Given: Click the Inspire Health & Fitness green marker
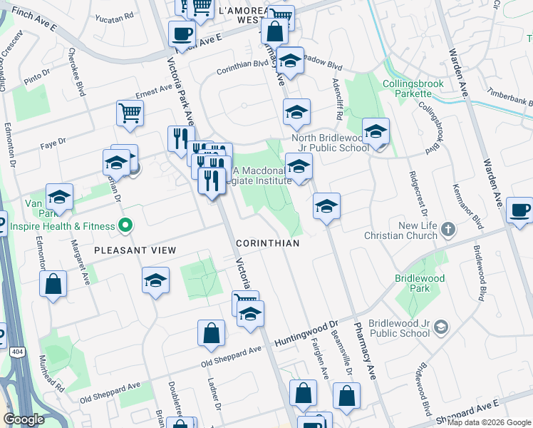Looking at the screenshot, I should click(x=125, y=226).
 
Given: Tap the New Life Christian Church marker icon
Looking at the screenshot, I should click(x=447, y=229).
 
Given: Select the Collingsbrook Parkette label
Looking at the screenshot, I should click(x=413, y=89).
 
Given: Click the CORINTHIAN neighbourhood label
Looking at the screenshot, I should click(x=267, y=243).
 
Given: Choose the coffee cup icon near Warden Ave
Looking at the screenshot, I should click(x=519, y=210).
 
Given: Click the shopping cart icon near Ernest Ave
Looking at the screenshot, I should click(x=130, y=113).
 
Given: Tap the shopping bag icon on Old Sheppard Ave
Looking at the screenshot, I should click(x=212, y=333).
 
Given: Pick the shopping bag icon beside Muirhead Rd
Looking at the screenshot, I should click(x=53, y=285).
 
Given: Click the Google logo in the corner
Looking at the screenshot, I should click(x=24, y=419).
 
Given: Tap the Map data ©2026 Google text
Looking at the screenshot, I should click(x=489, y=422).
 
